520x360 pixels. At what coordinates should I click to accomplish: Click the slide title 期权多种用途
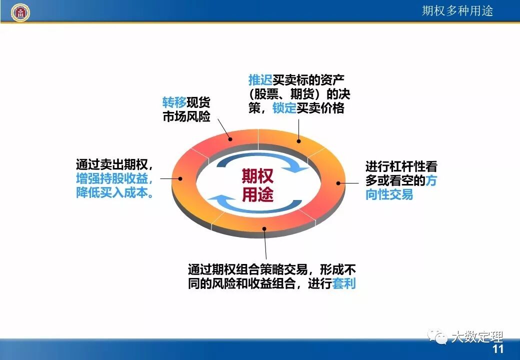coord(457,11)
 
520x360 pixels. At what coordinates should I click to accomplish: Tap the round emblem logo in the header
coord(20,11)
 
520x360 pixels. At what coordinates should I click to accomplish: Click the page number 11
coord(498,349)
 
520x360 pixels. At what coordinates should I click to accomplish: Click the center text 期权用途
coord(257,184)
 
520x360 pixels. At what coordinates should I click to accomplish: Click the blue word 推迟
coord(260,80)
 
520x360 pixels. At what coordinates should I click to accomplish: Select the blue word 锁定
coord(284,108)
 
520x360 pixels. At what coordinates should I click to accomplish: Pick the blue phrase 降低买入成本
coord(114,192)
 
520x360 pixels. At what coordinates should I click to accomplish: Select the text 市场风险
coord(186,117)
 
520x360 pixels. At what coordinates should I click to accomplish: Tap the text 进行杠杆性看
coord(400,166)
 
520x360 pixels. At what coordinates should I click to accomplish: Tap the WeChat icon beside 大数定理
coord(440,338)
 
